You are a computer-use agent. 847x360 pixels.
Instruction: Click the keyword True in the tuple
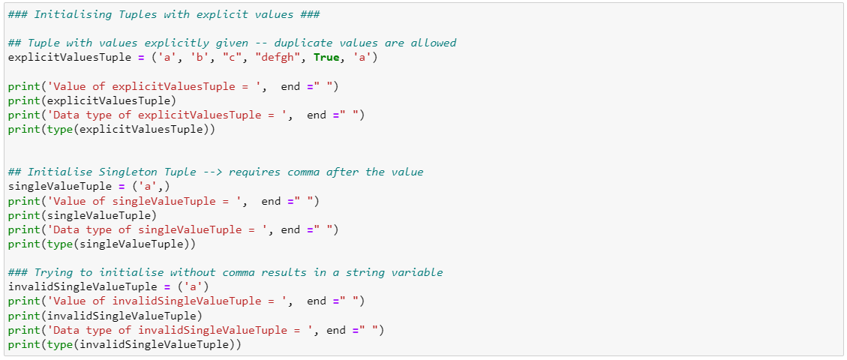point(327,58)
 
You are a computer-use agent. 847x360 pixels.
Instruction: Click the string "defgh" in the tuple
point(281,58)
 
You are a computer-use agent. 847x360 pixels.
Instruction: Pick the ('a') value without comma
point(190,286)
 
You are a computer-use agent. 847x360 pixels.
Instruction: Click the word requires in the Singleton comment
point(254,172)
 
